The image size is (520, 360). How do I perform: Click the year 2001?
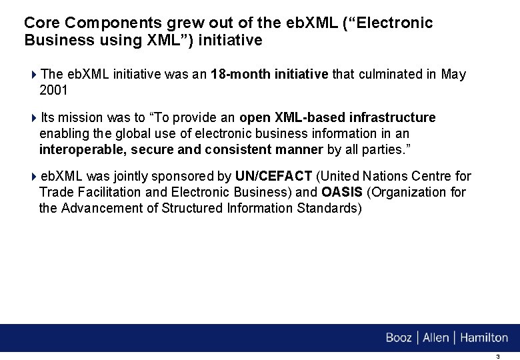coord(54,90)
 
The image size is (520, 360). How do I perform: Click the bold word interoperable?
coord(82,149)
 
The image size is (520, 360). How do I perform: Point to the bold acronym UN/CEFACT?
coord(273,177)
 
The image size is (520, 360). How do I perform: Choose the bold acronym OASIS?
coord(342,193)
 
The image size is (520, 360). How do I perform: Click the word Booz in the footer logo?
coord(399,338)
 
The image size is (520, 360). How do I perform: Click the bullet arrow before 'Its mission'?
coord(35,118)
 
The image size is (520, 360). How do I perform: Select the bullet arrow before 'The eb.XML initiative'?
coord(35,75)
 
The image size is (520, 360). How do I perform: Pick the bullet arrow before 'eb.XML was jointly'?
coord(35,177)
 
